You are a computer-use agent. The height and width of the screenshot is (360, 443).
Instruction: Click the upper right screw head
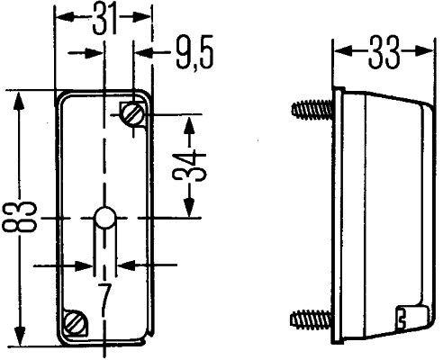(131, 113)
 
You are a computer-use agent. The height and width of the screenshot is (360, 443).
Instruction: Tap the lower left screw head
(75, 319)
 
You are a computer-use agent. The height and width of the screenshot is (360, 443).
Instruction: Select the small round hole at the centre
(104, 218)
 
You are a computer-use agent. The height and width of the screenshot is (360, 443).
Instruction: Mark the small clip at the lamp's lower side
(403, 316)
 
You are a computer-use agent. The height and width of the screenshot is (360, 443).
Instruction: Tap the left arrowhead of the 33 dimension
(340, 51)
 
